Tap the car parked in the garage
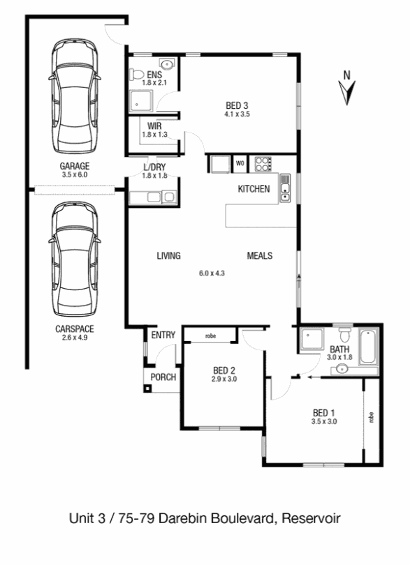(74, 96)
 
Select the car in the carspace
(74, 259)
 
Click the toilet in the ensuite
(137, 75)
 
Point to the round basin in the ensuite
(167, 64)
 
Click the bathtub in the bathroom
(368, 346)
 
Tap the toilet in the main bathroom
(345, 334)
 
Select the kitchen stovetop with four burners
(263, 164)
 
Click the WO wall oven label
(240, 163)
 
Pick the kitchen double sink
(285, 188)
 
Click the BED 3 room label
(237, 105)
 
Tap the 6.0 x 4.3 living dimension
(212, 273)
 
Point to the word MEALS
(260, 255)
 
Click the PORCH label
(163, 377)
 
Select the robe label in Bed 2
(210, 336)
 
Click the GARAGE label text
(75, 166)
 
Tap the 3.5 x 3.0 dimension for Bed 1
(324, 421)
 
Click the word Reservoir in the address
(311, 518)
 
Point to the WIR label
(154, 126)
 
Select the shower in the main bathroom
(312, 339)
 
